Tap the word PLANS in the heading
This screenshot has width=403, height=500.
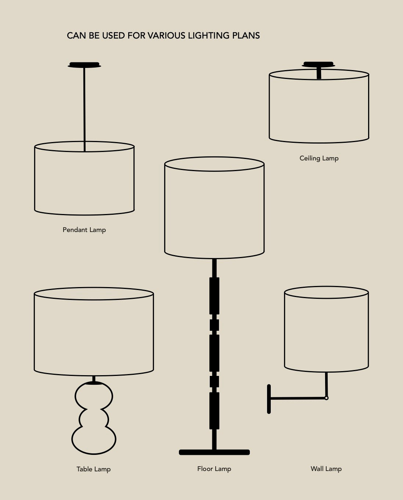[246, 36]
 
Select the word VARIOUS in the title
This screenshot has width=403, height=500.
[166, 36]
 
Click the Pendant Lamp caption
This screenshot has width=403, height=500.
[84, 230]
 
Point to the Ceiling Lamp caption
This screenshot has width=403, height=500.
[319, 159]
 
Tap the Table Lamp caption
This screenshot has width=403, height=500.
[93, 469]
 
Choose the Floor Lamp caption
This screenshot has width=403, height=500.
[214, 469]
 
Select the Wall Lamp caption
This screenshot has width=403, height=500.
[326, 469]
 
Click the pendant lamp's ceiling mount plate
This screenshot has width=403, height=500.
[84, 65]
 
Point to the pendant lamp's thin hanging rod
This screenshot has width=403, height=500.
[84, 109]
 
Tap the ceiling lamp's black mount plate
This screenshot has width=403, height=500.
[319, 64]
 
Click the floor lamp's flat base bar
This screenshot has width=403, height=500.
[214, 452]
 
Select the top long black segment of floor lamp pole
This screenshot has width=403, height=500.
[214, 296]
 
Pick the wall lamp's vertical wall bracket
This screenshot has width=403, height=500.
[269, 399]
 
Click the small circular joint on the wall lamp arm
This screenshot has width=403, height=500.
[327, 398]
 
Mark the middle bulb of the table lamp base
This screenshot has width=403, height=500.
[94, 419]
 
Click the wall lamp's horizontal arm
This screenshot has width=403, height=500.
[298, 398]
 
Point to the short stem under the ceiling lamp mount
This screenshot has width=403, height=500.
[319, 73]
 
